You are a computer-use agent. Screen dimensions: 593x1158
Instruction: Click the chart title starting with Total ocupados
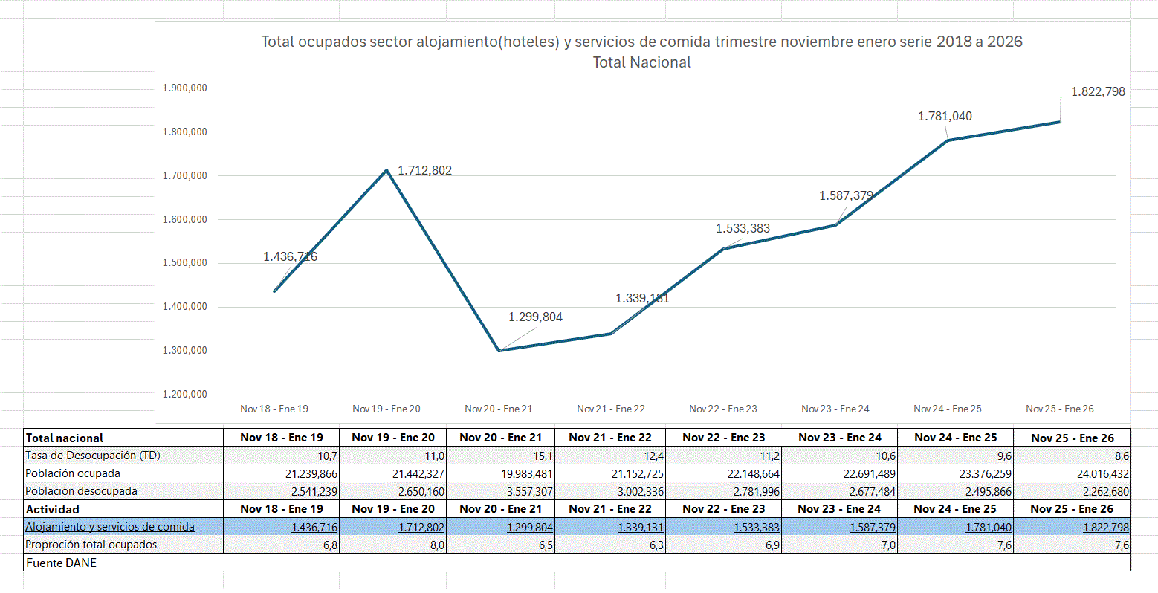pyautogui.click(x=641, y=42)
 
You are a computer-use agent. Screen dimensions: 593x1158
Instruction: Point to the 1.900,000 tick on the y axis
pyautogui.click(x=184, y=88)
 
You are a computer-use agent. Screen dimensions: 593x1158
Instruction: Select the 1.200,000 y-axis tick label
pyautogui.click(x=184, y=395)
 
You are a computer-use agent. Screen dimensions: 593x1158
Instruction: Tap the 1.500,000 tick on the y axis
pyautogui.click(x=184, y=263)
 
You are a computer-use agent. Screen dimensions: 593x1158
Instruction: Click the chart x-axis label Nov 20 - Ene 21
pyautogui.click(x=498, y=409)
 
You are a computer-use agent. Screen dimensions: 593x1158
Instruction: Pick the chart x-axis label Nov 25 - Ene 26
pyautogui.click(x=1059, y=409)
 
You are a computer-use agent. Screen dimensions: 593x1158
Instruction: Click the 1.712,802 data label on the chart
pyautogui.click(x=424, y=171)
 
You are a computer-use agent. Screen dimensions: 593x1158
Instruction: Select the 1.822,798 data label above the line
pyautogui.click(x=1098, y=92)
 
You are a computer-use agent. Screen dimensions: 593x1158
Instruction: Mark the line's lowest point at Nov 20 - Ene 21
pyautogui.click(x=499, y=351)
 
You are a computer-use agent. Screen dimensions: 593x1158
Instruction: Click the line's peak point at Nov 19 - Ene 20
pyautogui.click(x=386, y=170)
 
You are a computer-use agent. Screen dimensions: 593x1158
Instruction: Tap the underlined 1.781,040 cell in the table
pyautogui.click(x=988, y=528)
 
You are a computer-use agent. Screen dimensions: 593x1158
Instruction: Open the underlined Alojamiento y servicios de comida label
pyautogui.click(x=110, y=527)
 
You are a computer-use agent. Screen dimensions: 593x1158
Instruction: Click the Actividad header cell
pyautogui.click(x=53, y=510)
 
